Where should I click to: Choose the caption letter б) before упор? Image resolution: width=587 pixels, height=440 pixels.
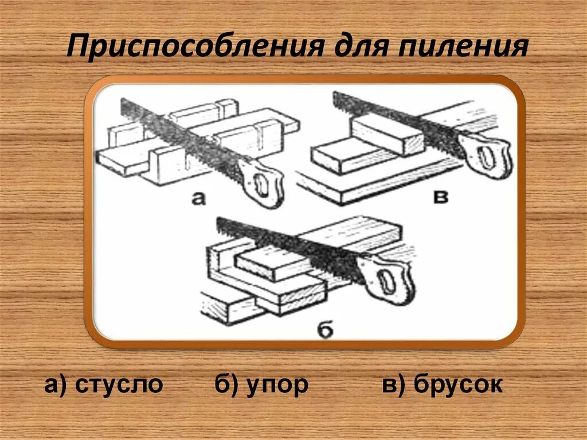coord(226,385)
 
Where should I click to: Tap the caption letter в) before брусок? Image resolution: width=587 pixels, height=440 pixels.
coord(396,385)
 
